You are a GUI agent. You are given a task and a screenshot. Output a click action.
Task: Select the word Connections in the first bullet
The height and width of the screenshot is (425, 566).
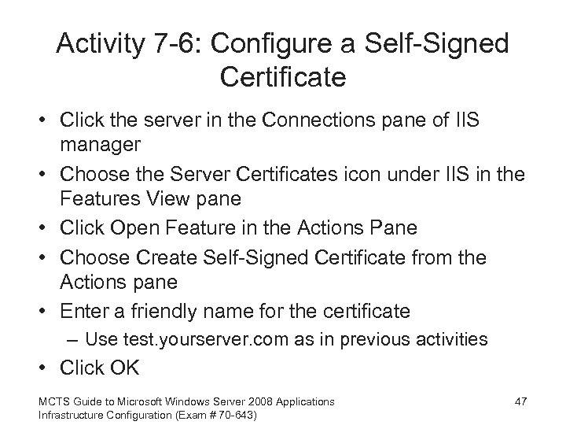303,124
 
